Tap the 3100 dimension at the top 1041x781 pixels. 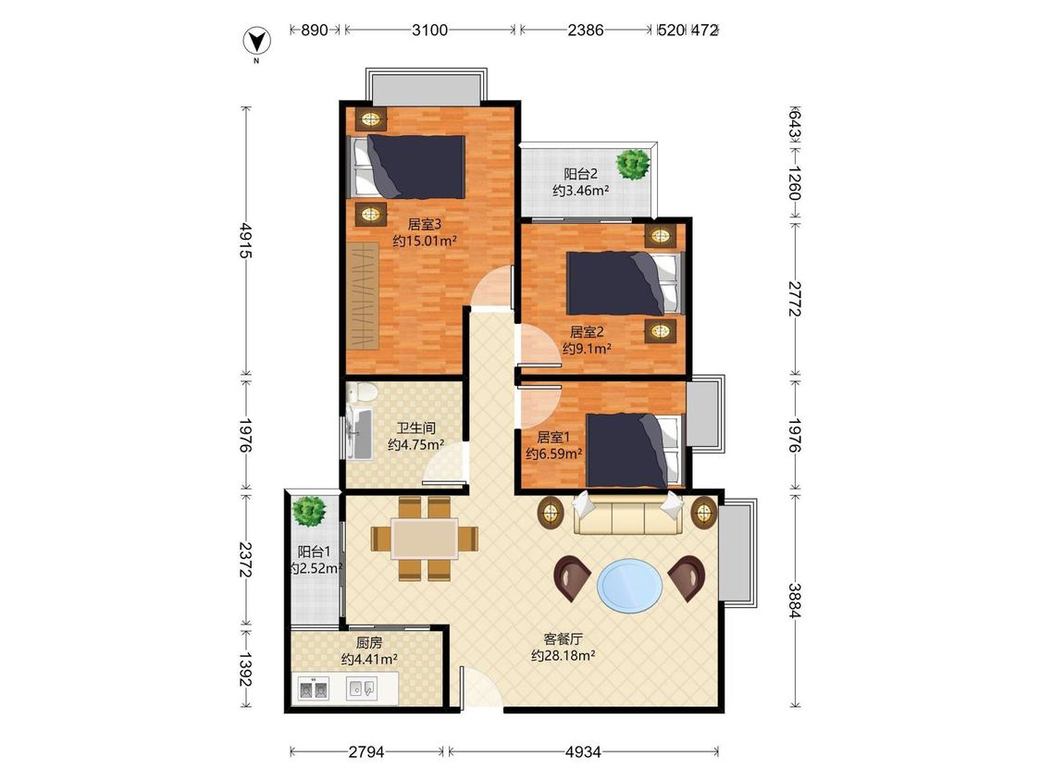point(429,30)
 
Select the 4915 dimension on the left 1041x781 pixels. point(245,240)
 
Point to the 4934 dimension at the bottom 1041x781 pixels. point(583,751)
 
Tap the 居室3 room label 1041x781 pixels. point(424,225)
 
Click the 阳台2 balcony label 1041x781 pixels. point(581,174)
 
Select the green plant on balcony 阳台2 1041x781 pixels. point(632,164)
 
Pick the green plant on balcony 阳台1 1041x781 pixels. point(309,511)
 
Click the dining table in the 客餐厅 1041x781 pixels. point(424,539)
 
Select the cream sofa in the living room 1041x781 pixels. point(627,514)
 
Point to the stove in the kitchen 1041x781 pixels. point(314,689)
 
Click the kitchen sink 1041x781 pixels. point(362,688)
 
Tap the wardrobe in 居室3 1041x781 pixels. point(363,296)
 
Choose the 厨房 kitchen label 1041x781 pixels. point(369,643)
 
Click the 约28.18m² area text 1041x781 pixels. point(563,656)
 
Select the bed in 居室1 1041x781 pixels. point(634,451)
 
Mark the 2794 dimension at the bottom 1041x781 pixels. point(366,751)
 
